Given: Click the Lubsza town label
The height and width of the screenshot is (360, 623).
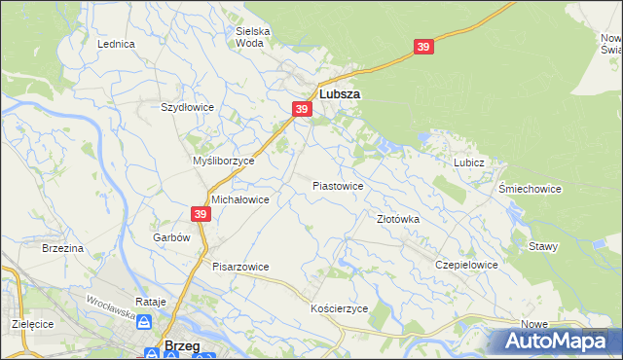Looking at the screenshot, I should click(x=340, y=94).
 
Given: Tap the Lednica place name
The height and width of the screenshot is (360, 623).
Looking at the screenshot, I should click(x=116, y=45).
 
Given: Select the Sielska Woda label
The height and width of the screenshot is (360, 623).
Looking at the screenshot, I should click(x=253, y=37).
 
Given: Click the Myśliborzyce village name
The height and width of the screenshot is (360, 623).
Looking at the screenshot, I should click(x=224, y=161).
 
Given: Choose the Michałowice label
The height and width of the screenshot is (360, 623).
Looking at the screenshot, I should click(x=240, y=198).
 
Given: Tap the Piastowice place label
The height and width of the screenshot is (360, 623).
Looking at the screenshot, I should click(x=338, y=186).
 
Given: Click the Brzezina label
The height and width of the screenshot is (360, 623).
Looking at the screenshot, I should click(x=62, y=249).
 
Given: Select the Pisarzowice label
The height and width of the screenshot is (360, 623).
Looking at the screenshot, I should click(x=240, y=267).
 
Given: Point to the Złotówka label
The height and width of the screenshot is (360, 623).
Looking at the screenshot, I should click(x=398, y=220).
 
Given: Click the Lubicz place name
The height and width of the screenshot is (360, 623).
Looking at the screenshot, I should click(x=468, y=163).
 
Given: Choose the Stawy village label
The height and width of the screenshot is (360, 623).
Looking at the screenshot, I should click(x=543, y=247).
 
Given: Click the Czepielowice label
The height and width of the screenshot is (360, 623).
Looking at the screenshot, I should click(x=467, y=265).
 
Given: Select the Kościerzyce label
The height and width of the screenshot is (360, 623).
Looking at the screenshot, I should click(x=339, y=308).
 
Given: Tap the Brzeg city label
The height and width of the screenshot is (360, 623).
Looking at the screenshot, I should click(x=183, y=345).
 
